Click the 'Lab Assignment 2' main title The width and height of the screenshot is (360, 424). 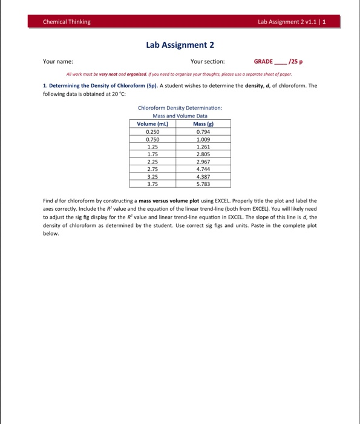point(180,45)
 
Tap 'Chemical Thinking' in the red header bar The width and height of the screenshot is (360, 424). point(67,22)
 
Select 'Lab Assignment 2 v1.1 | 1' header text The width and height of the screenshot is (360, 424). point(292,22)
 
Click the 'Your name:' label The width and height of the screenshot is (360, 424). point(58,61)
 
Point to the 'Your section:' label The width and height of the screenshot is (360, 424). point(208,61)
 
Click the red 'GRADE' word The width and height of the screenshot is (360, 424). point(263,61)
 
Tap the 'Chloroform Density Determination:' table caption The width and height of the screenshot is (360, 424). point(180,108)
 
